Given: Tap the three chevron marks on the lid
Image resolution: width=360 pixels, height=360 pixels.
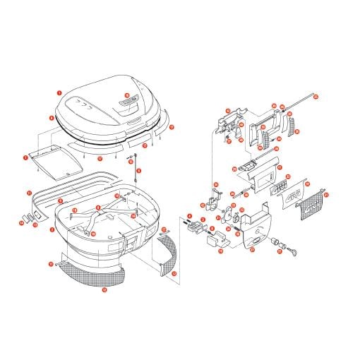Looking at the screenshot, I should tap(85, 103).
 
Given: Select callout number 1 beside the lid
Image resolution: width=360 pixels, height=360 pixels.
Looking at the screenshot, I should tap(59, 92).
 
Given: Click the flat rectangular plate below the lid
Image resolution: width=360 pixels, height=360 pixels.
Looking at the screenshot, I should tap(57, 161).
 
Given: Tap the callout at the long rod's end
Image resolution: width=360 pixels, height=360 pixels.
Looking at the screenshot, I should tap(316, 97).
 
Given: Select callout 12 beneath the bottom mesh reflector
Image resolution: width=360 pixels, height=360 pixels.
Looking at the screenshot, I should tap(104, 289).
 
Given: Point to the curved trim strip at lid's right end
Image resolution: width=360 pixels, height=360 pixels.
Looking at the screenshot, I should tap(164, 122).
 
